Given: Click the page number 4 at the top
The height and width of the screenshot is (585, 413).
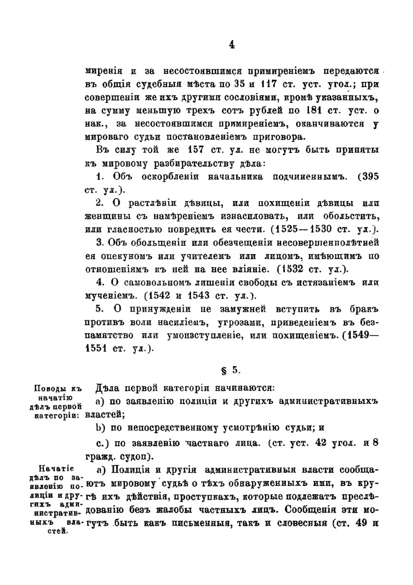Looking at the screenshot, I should pyautogui.click(x=232, y=45).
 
